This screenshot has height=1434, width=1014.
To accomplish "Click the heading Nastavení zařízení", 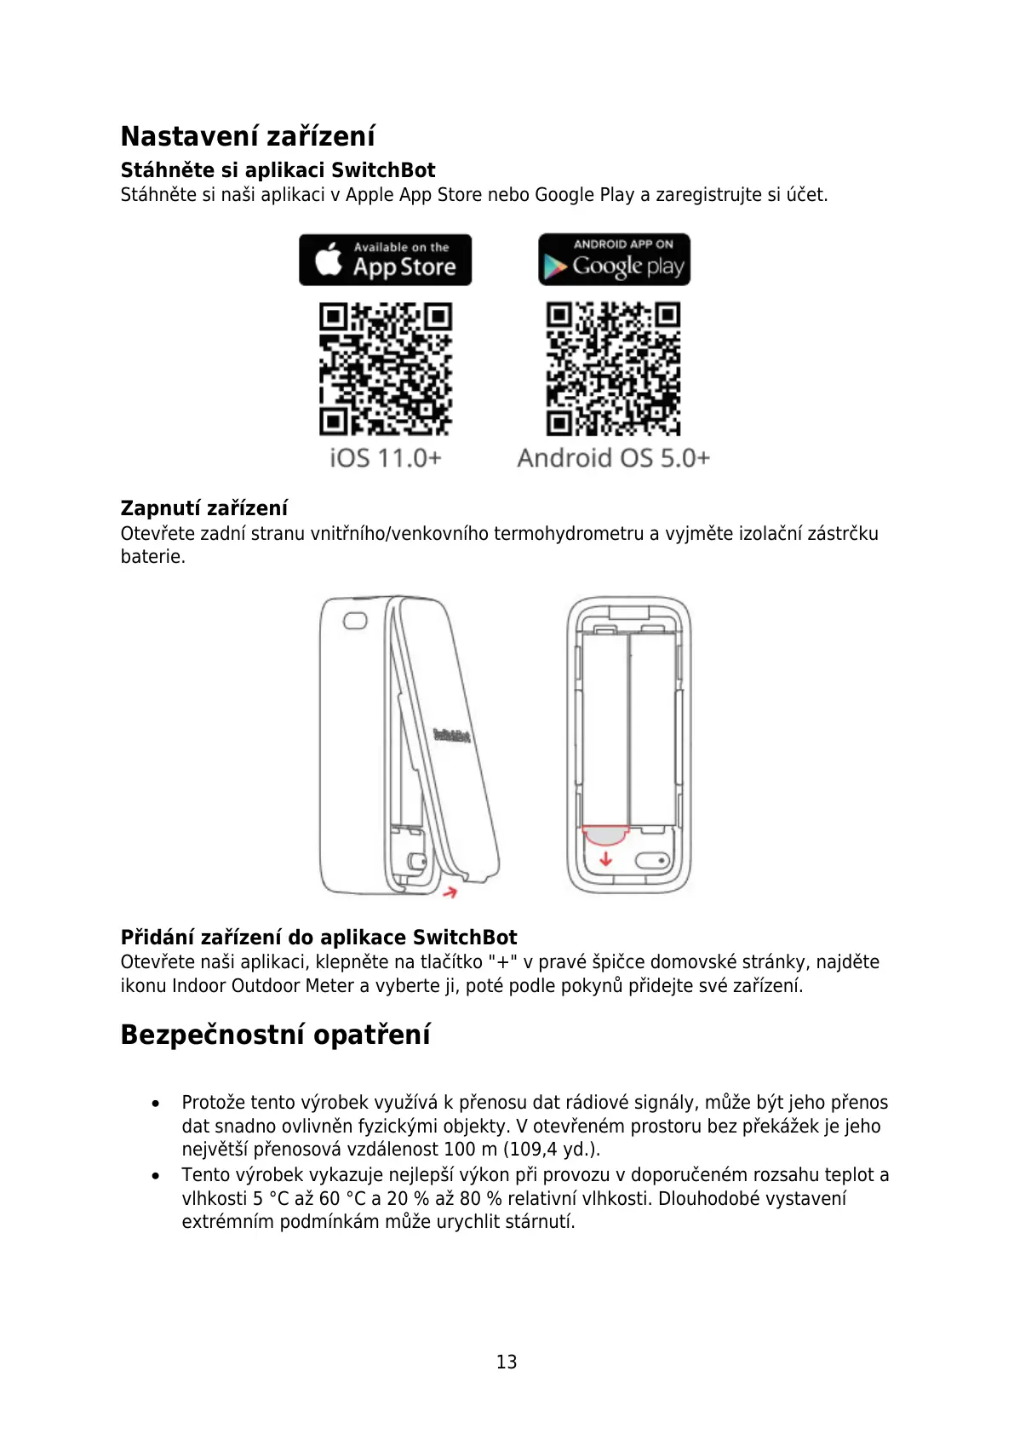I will point(248,136).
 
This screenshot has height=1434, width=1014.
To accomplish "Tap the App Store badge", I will point(385,260).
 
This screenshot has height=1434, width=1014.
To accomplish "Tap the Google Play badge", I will point(614,260).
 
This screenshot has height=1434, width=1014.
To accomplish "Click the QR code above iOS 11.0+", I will point(386,369).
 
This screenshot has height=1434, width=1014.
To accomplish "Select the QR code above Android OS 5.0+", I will point(613,369).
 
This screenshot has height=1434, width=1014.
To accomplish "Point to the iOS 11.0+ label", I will point(386,458).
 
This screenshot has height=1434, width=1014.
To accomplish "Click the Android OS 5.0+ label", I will point(613,458).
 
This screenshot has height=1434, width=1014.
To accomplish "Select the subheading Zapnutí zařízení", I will point(204,508).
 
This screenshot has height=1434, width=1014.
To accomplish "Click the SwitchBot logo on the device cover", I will point(451,735).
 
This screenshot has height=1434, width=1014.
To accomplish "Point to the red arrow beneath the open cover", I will point(450,892).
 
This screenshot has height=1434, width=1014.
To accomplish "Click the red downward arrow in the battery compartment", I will point(605,859).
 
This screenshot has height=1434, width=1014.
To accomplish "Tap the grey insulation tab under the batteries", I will point(604,835).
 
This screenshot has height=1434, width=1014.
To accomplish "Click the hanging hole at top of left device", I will point(354,621).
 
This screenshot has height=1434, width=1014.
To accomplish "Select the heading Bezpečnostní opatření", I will point(275,1035).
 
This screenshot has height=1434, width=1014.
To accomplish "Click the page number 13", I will point(507,1362).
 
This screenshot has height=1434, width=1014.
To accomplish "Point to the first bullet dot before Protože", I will point(155,1104).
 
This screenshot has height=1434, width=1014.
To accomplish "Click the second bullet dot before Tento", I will point(155,1176).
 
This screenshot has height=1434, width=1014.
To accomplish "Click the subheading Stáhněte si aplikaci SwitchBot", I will point(278,170).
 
